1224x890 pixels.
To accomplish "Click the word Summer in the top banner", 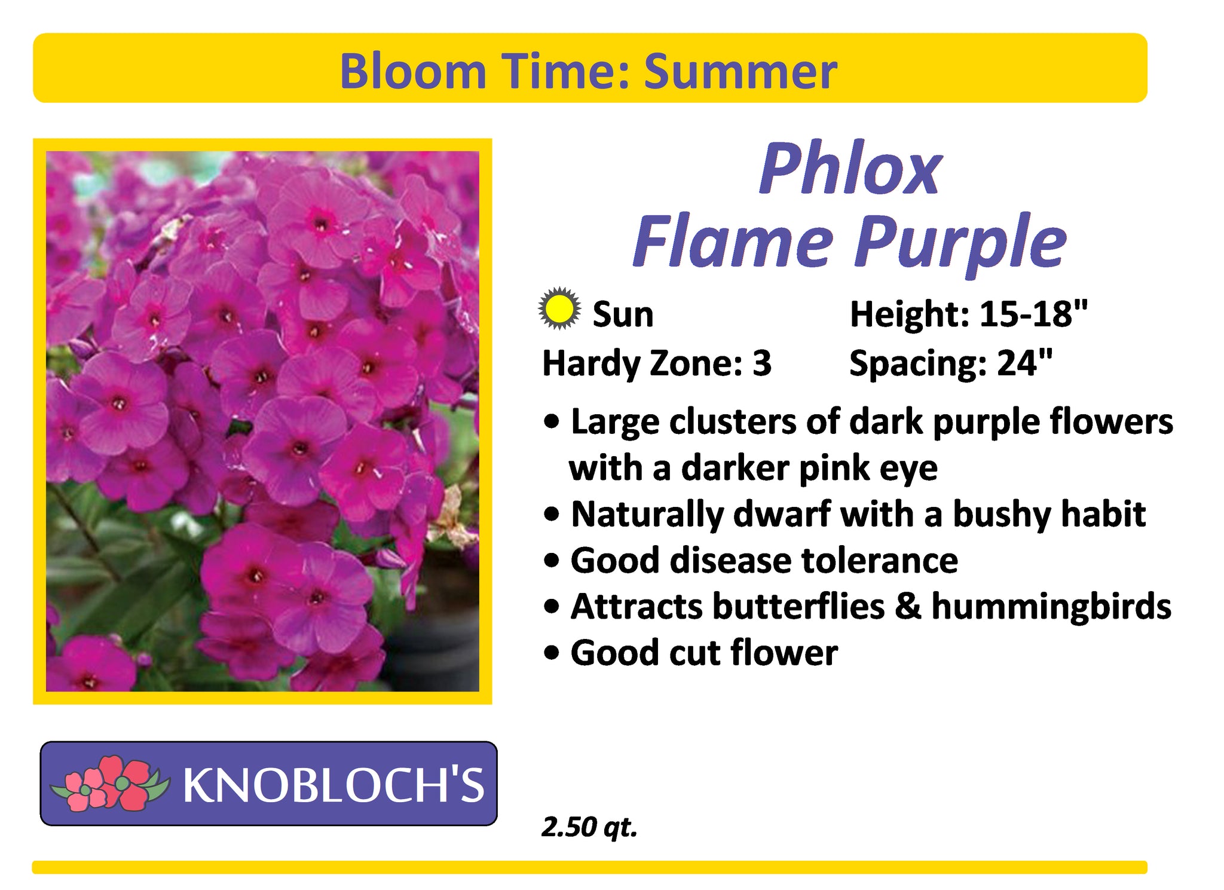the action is [x=740, y=71].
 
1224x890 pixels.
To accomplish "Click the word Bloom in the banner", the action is [x=413, y=71].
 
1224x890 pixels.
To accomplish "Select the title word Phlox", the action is [x=850, y=170].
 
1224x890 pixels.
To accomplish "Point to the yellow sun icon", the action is [x=559, y=309].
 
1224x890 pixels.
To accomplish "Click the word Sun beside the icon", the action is [x=623, y=314].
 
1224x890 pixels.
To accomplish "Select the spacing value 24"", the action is [x=1024, y=363].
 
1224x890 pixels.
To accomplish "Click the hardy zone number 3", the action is [x=761, y=363].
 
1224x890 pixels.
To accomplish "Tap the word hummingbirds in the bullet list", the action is [x=1051, y=606].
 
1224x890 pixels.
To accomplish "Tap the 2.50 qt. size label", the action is [x=589, y=827].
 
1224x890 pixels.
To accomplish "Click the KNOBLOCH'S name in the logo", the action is [x=333, y=784].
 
